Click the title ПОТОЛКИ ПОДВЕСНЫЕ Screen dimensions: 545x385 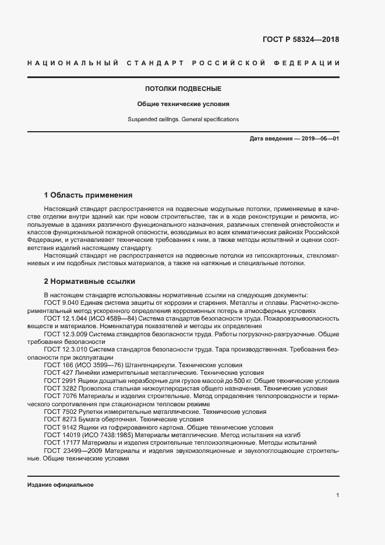(183, 89)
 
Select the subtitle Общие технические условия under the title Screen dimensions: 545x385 (183, 104)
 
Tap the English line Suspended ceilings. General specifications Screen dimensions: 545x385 (183, 119)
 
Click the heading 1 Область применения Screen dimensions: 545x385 (89, 195)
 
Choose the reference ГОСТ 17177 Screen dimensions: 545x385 (61, 442)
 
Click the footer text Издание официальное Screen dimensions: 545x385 (61, 485)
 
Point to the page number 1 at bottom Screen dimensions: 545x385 (338, 495)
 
